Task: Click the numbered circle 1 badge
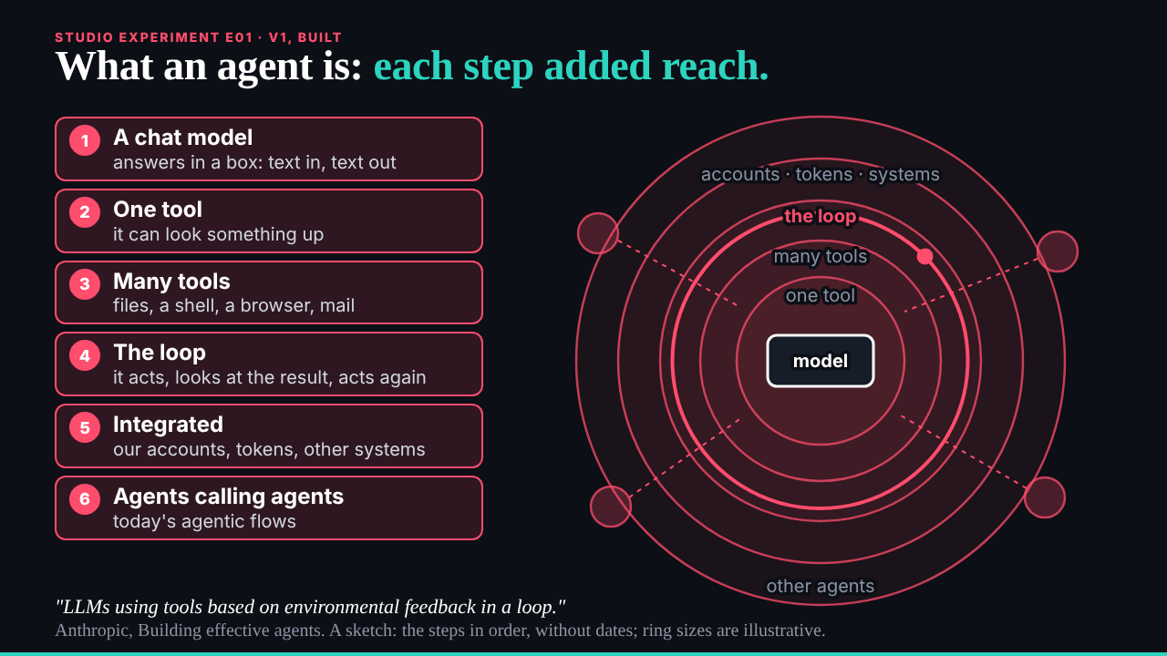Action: pos(85,140)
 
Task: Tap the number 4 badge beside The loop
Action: pos(85,355)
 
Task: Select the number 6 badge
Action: pos(85,499)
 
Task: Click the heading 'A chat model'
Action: pos(183,138)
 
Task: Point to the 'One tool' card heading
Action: pos(158,210)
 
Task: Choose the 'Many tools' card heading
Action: pos(171,282)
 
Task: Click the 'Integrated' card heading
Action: pos(168,425)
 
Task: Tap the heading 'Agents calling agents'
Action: pos(228,497)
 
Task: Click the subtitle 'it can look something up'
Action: pos(218,234)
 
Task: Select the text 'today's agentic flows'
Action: pos(204,521)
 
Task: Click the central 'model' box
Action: pos(821,361)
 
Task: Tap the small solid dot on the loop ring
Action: pos(924,256)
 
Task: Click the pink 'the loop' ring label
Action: pos(820,216)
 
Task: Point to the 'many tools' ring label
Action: pos(821,256)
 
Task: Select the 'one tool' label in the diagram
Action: pos(821,296)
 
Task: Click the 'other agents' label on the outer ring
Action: pos(820,586)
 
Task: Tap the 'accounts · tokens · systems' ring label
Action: pos(820,174)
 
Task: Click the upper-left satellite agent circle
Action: pos(598,233)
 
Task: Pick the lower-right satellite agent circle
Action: pos(1045,497)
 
